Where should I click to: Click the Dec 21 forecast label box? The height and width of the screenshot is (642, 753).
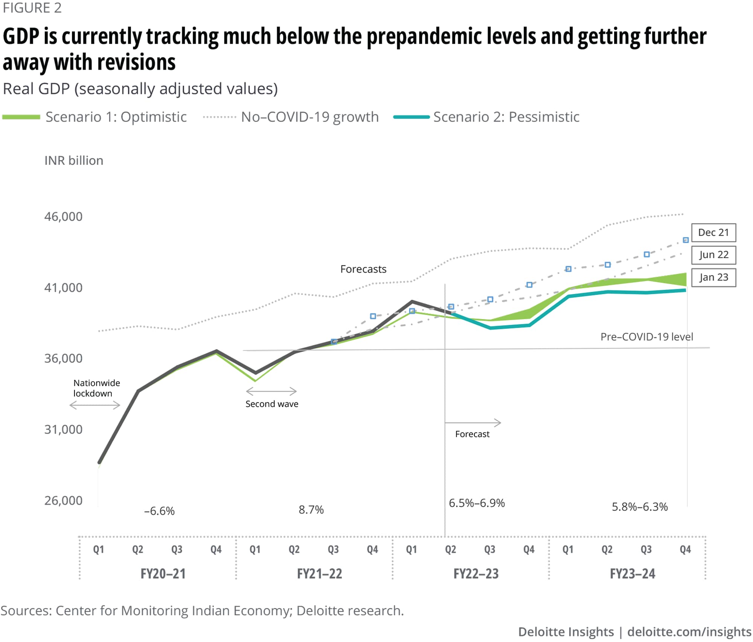713,233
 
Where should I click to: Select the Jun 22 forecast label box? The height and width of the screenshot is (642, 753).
713,255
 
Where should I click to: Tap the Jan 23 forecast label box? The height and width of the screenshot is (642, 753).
713,277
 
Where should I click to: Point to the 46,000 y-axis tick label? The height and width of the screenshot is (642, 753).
63,216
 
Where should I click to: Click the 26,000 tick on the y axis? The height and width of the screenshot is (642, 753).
63,501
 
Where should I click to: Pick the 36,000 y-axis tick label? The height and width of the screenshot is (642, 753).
63,358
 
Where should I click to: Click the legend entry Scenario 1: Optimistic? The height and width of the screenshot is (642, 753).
116,117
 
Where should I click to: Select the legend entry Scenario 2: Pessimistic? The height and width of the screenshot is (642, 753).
506,117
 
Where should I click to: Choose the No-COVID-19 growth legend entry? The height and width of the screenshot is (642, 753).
309,117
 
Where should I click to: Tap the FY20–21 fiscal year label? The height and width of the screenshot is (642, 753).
163,574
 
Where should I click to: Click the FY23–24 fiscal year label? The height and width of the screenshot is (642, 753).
633,574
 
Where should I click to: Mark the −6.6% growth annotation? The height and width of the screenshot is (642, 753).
159,511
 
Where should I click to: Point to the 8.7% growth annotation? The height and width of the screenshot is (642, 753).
311,510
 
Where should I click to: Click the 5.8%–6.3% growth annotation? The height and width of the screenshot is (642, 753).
640,507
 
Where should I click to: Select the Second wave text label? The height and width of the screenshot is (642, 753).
272,404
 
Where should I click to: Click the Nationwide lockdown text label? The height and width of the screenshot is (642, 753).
96,388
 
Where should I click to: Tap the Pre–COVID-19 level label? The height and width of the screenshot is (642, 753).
646,337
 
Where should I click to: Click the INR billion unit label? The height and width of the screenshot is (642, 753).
74,161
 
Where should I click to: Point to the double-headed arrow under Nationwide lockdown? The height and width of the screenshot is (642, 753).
95,405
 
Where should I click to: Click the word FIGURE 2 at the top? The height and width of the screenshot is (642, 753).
32,8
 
